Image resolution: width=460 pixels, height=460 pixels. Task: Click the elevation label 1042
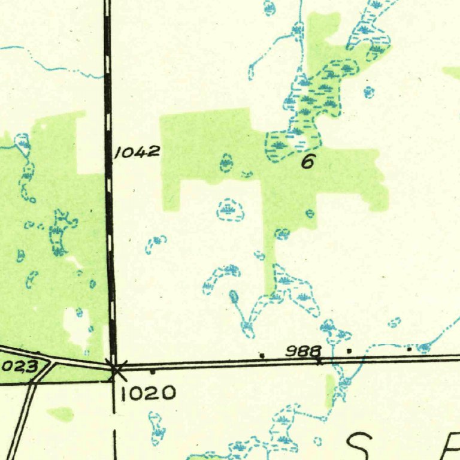(137, 152)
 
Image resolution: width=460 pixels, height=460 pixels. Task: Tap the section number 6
(308, 161)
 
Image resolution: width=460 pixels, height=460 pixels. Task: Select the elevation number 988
(302, 351)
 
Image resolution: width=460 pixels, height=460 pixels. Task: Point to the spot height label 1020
(148, 393)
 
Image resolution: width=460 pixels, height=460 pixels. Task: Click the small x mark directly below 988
(319, 361)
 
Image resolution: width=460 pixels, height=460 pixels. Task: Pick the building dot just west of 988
(262, 356)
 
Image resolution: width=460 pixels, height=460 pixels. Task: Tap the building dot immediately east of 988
(349, 351)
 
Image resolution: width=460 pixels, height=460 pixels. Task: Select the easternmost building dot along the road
(409, 348)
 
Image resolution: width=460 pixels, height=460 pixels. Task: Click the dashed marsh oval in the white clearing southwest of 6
(231, 210)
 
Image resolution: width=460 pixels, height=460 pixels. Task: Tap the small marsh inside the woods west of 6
(226, 162)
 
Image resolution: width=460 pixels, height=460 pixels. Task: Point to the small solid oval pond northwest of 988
(234, 296)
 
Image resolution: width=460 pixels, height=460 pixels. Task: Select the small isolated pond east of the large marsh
(369, 92)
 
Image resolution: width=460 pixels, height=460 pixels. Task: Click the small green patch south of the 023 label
(60, 413)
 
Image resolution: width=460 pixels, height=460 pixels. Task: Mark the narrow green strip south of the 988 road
(329, 389)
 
